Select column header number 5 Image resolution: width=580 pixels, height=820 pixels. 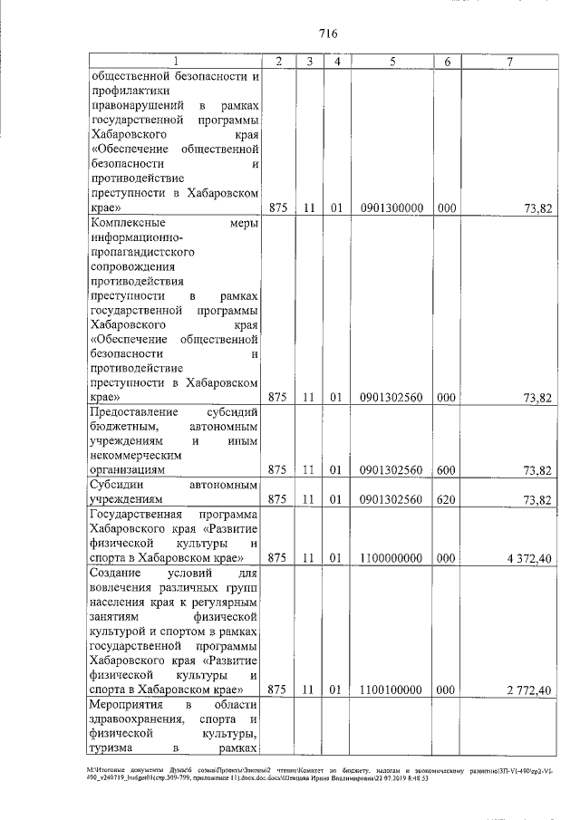point(392,61)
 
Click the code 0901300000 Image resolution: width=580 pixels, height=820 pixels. point(391,208)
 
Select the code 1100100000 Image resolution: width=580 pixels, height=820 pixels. point(391,690)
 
